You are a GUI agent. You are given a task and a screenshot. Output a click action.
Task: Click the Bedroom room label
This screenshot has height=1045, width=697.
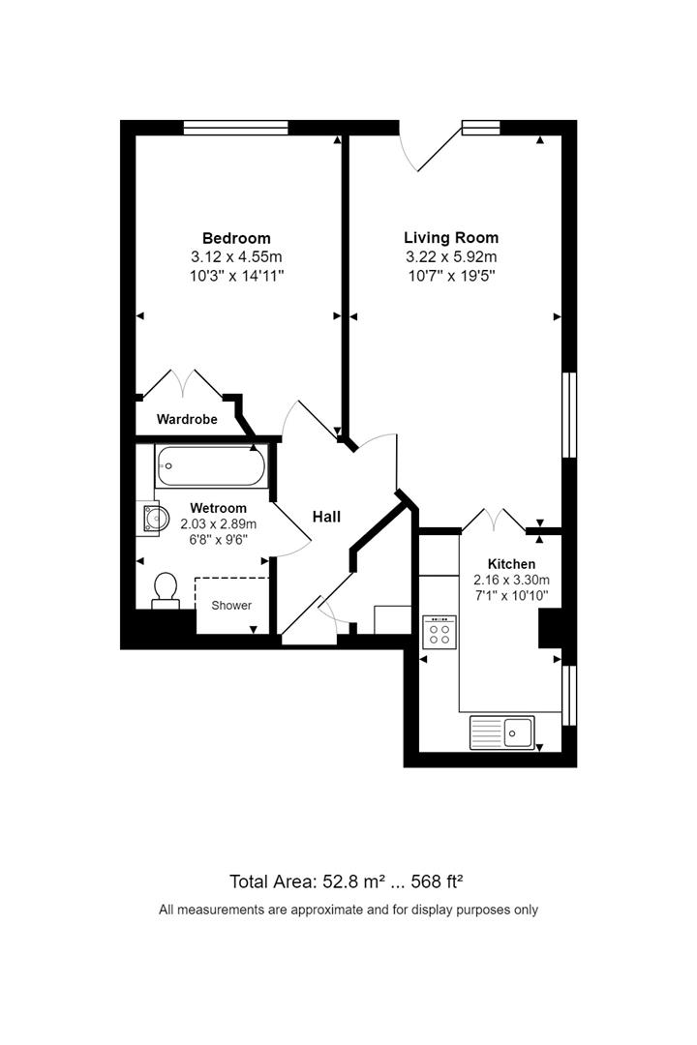point(236,238)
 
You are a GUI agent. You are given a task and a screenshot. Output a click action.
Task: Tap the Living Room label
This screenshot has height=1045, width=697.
point(451,237)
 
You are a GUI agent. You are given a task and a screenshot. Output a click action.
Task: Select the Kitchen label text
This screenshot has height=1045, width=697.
point(511,564)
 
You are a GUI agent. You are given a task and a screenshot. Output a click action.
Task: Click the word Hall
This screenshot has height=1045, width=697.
point(326,518)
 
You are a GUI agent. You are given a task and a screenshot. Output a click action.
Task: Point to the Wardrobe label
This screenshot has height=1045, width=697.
point(187,420)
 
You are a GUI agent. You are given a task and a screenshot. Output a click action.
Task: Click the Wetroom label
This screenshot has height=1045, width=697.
point(218,508)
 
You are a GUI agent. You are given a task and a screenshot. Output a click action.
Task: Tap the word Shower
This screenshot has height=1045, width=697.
point(231,606)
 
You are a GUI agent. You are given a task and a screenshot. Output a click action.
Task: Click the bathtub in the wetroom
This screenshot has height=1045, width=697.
point(210,467)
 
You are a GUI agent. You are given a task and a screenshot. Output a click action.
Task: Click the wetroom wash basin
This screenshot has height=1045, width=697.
point(149,519)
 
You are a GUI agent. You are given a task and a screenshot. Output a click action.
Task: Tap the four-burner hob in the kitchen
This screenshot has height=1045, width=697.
point(439,631)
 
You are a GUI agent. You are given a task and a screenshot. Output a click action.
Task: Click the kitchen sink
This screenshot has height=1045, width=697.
point(502,732)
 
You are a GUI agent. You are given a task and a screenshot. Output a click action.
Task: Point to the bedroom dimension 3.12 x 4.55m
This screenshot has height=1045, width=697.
point(236,257)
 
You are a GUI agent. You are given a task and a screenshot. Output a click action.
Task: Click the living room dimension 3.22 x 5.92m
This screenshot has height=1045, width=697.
point(451,256)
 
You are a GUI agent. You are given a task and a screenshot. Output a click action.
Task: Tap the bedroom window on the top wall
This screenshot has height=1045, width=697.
point(236,127)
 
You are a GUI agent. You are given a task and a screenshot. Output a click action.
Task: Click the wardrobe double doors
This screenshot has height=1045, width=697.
point(182,383)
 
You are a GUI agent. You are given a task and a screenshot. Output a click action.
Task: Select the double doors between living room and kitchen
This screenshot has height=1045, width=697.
point(494,521)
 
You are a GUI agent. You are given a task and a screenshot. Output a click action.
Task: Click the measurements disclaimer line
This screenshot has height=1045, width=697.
point(348,910)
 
